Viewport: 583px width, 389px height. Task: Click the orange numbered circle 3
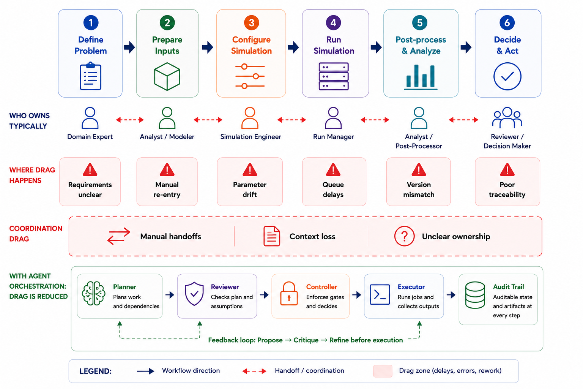point(251,23)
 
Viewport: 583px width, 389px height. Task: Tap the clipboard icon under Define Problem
point(90,76)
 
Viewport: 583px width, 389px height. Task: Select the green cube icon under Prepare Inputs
point(167,76)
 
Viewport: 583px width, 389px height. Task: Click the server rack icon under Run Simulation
point(334,76)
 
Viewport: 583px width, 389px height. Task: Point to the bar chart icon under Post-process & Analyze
point(421,77)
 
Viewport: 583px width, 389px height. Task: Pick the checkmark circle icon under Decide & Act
point(507,76)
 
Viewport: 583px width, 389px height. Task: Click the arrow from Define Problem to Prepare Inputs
point(129,47)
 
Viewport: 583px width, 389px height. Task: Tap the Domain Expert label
point(90,137)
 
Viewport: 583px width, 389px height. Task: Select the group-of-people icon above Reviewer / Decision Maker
point(507,117)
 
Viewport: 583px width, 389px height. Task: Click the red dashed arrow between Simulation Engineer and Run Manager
point(291,120)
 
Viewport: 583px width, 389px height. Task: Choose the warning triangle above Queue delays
point(333,169)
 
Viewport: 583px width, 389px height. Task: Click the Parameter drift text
point(250,190)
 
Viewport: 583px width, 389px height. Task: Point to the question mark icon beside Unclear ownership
point(404,236)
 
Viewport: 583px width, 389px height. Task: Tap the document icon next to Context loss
point(272,236)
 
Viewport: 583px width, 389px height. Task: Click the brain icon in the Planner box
point(94,293)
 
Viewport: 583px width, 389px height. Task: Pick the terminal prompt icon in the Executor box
point(380,295)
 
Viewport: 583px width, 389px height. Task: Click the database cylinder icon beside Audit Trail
point(475,295)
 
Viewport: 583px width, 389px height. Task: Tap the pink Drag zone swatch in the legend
point(383,371)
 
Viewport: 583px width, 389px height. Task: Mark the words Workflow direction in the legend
point(191,370)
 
